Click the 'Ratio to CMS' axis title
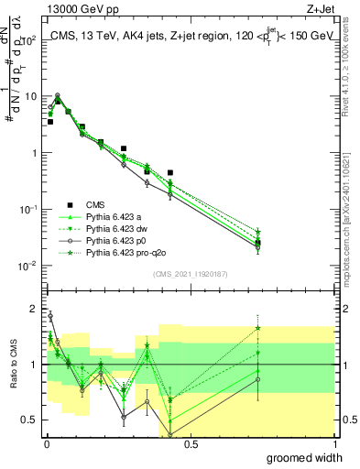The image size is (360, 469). (14, 365)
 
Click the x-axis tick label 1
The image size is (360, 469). (334, 444)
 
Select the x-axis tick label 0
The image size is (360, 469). (47, 444)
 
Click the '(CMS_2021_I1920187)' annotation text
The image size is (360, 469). (190, 274)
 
